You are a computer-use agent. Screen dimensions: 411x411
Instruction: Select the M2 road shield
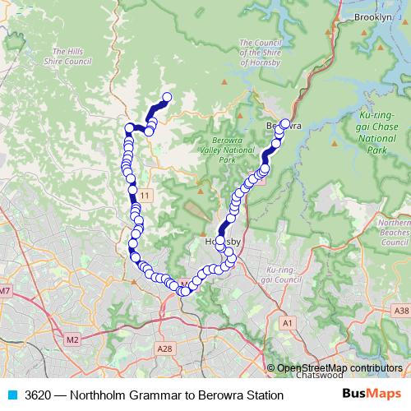(72, 339)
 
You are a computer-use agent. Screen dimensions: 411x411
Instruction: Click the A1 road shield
(287, 323)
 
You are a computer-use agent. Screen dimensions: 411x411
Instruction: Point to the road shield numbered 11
(145, 194)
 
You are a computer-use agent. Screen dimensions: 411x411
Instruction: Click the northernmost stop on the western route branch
(166, 98)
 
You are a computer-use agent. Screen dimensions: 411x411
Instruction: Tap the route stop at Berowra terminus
(285, 124)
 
